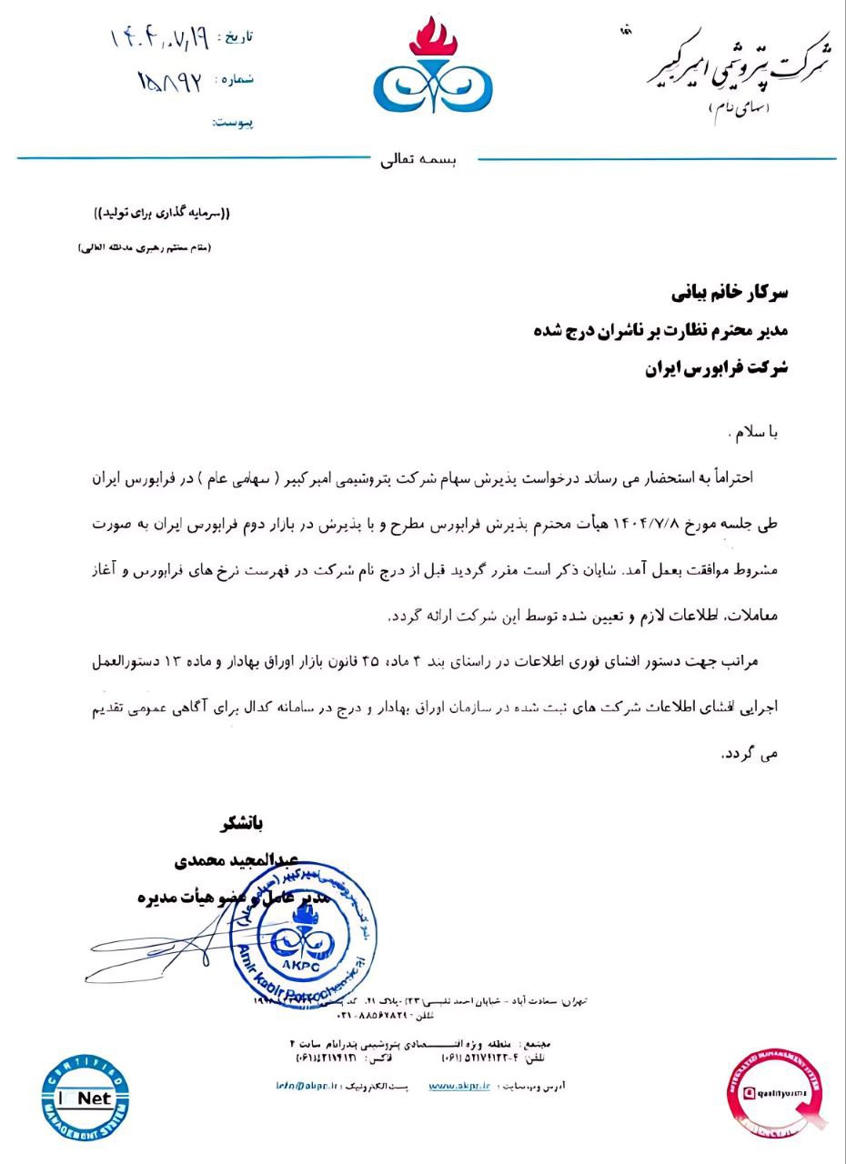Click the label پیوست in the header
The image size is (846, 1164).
pos(233,121)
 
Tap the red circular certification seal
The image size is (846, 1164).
pos(779,1096)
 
